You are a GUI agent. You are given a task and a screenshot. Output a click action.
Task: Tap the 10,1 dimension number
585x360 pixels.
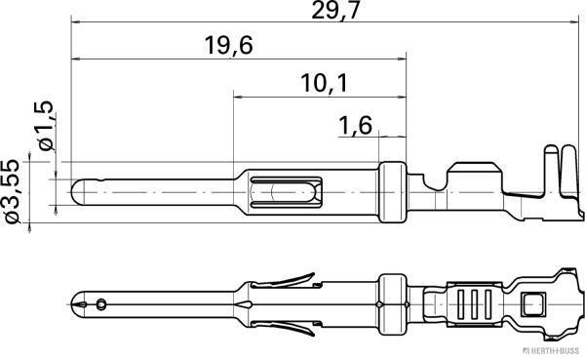pyautogui.click(x=325, y=83)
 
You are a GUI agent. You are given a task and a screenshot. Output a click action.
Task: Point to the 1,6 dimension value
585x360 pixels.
pyautogui.click(x=355, y=124)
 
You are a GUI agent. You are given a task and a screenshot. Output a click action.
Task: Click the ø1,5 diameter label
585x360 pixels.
pyautogui.click(x=44, y=126)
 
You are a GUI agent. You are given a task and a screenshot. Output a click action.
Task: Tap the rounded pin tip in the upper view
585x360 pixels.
pyautogui.click(x=77, y=190)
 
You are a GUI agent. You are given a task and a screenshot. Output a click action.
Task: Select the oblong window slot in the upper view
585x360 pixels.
pyautogui.click(x=286, y=190)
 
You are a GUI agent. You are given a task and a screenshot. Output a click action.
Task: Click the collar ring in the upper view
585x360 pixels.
pyautogui.click(x=391, y=191)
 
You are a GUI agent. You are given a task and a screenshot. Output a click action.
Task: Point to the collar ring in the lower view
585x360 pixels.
pyautogui.click(x=392, y=302)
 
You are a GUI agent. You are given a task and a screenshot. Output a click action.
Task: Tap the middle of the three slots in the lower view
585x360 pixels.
pyautogui.click(x=472, y=302)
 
